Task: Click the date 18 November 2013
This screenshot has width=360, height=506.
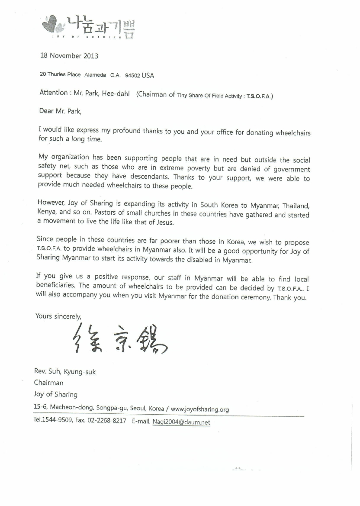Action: (x=69, y=56)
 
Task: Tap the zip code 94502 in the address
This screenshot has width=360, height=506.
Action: (x=132, y=75)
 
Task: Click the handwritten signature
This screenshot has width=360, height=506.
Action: (x=117, y=338)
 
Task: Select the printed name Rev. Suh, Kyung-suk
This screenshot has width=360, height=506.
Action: (x=65, y=371)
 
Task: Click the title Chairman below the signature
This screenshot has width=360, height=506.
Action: (x=48, y=383)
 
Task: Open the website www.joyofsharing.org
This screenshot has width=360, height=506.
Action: (x=200, y=409)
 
